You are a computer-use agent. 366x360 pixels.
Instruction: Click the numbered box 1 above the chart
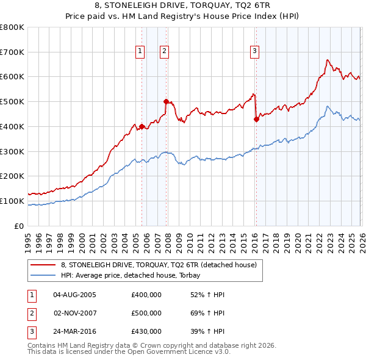click(141, 52)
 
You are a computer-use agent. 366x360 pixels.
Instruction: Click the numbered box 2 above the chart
click(165, 52)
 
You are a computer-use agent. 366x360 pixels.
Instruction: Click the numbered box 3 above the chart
click(254, 52)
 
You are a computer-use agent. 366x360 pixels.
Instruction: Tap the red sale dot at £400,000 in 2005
click(142, 127)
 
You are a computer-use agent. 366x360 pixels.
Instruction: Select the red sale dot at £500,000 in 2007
click(166, 102)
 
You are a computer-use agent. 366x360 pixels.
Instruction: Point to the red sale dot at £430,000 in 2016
click(256, 120)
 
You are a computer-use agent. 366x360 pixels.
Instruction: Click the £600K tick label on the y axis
click(12, 77)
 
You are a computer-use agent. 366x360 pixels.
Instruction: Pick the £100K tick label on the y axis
click(12, 201)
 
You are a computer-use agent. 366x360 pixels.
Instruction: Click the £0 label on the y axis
click(20, 226)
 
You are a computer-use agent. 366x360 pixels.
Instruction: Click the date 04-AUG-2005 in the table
click(74, 295)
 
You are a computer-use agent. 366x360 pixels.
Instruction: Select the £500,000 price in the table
click(146, 313)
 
